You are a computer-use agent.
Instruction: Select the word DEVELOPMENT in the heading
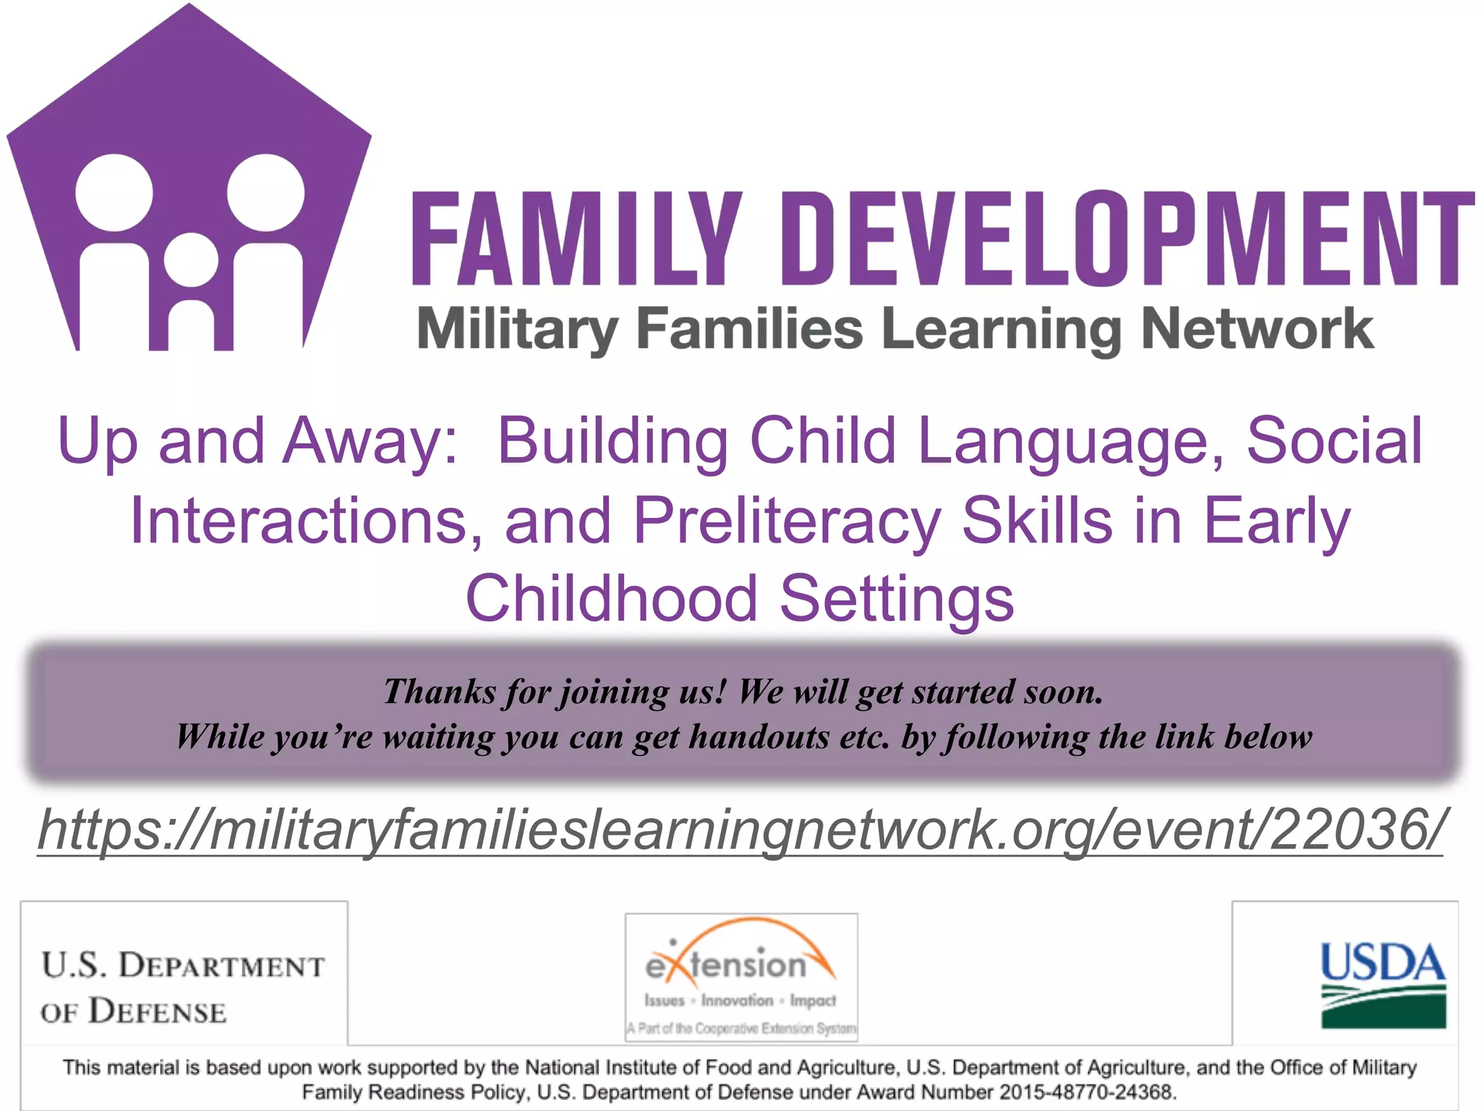[x=1135, y=239]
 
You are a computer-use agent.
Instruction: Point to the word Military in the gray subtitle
[x=518, y=329]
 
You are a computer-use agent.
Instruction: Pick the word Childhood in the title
[x=612, y=599]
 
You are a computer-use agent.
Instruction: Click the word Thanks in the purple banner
[x=440, y=691]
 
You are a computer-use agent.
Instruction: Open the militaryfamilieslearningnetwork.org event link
[x=740, y=830]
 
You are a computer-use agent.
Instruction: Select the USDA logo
[x=1383, y=984]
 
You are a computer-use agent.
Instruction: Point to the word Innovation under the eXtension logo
[x=737, y=1001]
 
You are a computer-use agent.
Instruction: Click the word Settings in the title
[x=897, y=599]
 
